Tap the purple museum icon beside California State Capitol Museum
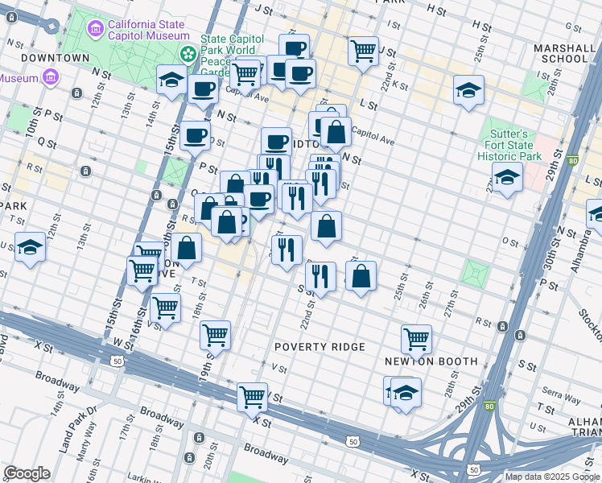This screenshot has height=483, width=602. [x=96, y=30]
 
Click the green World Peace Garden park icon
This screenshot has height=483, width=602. [x=188, y=54]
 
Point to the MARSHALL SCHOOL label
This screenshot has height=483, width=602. [x=560, y=53]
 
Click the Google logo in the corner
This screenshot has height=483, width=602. [x=27, y=473]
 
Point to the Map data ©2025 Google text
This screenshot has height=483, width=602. [x=552, y=477]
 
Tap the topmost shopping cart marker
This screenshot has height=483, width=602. [x=364, y=51]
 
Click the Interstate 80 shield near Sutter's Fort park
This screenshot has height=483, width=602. [x=573, y=161]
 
